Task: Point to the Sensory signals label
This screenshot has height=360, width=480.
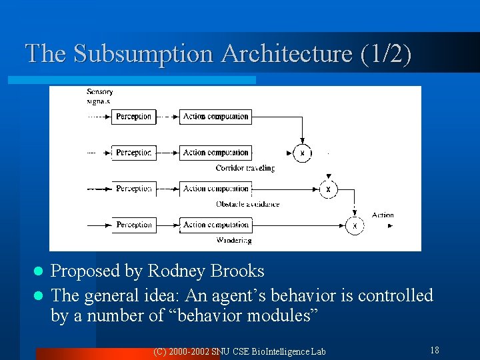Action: pyautogui.click(x=99, y=97)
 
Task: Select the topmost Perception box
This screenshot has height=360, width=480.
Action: pyautogui.click(x=133, y=117)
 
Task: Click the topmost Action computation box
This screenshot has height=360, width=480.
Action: pyautogui.click(x=215, y=117)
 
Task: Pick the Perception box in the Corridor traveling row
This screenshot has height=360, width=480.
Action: pyautogui.click(x=133, y=153)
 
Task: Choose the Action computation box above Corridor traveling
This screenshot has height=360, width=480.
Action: pyautogui.click(x=215, y=153)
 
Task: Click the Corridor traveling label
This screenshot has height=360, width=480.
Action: pyautogui.click(x=245, y=168)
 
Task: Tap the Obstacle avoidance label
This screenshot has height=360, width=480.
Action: pyautogui.click(x=247, y=204)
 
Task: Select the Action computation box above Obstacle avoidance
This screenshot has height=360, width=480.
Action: pyautogui.click(x=215, y=189)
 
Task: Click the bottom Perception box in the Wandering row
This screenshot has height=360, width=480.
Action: pyautogui.click(x=133, y=225)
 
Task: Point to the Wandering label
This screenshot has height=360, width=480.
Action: pyautogui.click(x=234, y=240)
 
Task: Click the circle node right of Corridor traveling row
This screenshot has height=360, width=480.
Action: pyautogui.click(x=302, y=153)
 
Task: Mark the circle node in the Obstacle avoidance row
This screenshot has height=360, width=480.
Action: pyautogui.click(x=328, y=189)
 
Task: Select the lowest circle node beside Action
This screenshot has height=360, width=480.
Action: pyautogui.click(x=354, y=226)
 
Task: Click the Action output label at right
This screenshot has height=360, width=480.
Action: pyautogui.click(x=383, y=215)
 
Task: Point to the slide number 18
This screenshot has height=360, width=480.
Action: pyautogui.click(x=434, y=350)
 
